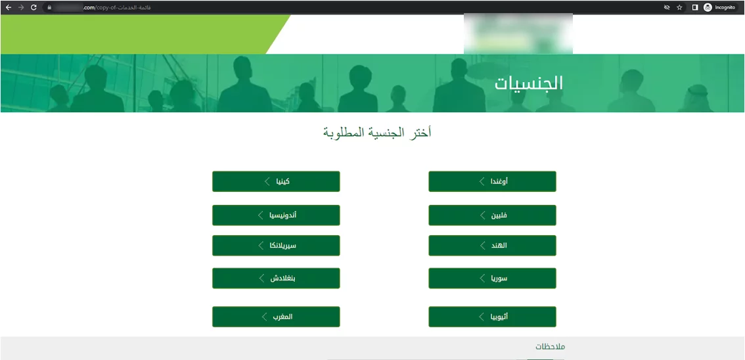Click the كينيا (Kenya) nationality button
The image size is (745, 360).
(x=276, y=181)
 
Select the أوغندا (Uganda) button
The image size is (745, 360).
(x=492, y=181)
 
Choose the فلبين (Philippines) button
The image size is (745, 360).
(x=492, y=215)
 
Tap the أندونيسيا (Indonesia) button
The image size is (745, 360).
(x=276, y=215)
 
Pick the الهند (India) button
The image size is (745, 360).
(x=492, y=245)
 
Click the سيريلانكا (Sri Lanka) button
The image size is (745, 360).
(x=276, y=245)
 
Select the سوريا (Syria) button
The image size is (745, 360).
(x=492, y=278)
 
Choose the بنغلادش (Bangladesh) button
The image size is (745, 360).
(x=276, y=278)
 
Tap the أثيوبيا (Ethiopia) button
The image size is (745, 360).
(x=492, y=317)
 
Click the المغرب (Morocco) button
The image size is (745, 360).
(x=276, y=317)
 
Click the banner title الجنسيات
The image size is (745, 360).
(x=528, y=83)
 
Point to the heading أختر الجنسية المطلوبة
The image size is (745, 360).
(x=377, y=133)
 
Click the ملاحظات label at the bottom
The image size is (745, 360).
(x=550, y=346)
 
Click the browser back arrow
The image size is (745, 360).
(x=9, y=7)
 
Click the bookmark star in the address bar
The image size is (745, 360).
(x=680, y=7)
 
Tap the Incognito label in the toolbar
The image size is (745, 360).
(x=725, y=7)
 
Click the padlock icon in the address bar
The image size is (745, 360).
(x=49, y=7)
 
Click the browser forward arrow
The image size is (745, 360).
(x=21, y=7)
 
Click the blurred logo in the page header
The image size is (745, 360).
(x=518, y=34)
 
